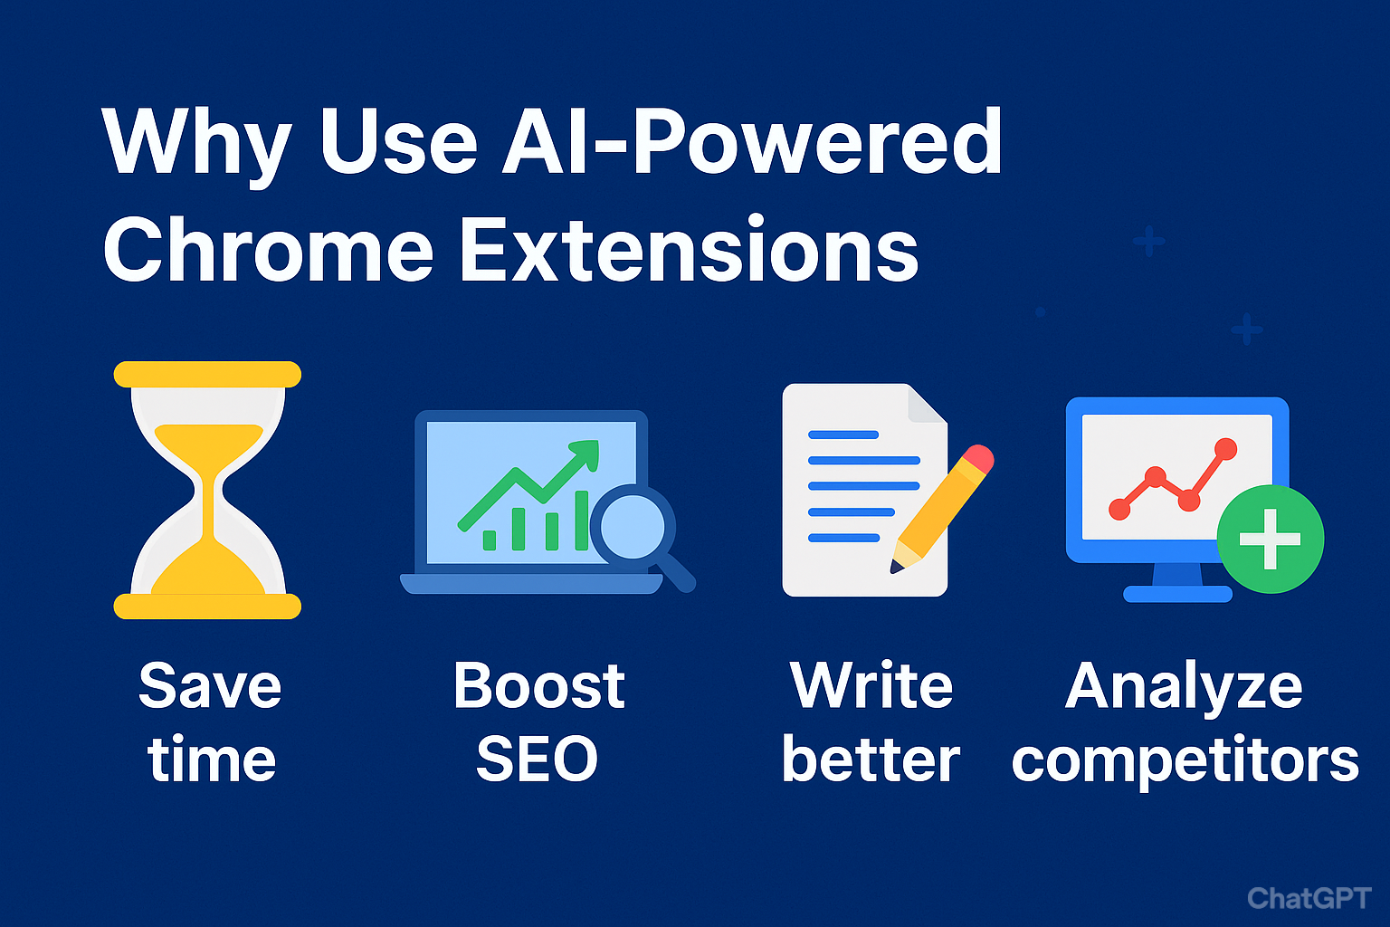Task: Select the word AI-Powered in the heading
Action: (751, 141)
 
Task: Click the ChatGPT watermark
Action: (1309, 897)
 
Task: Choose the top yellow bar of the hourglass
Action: (207, 374)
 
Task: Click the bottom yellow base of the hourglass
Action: (207, 606)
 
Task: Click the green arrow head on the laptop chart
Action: (586, 452)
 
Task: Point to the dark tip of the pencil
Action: (897, 567)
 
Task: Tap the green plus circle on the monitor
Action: (1270, 539)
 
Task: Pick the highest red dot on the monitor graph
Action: (1225, 448)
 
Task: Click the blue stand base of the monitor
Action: (1177, 594)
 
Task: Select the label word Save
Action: (210, 686)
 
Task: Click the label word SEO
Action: (538, 760)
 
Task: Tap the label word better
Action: (870, 760)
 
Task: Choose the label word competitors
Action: (1185, 761)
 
